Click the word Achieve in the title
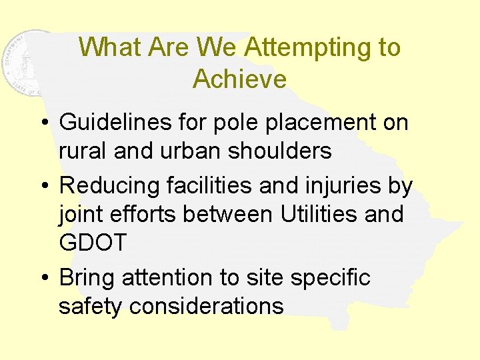(239, 79)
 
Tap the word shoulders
(280, 151)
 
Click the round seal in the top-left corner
(30, 63)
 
